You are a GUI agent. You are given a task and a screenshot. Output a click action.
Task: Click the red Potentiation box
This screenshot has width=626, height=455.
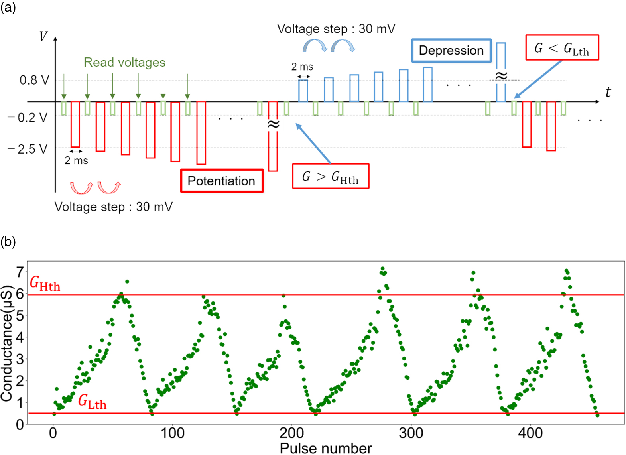(x=222, y=181)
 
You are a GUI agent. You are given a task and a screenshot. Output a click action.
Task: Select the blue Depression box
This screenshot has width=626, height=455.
(x=451, y=50)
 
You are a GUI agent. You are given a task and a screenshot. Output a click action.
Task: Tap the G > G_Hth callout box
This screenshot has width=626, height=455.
(x=331, y=176)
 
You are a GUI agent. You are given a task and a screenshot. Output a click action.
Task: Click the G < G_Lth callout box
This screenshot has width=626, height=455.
(x=562, y=48)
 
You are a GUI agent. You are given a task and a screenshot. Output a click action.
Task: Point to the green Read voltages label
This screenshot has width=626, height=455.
(x=124, y=62)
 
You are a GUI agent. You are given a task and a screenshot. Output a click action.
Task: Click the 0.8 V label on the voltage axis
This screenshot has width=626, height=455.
(x=34, y=80)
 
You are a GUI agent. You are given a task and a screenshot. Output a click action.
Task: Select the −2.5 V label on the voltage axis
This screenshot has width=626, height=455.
(x=28, y=149)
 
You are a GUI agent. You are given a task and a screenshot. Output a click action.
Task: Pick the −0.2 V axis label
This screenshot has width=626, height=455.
(x=28, y=118)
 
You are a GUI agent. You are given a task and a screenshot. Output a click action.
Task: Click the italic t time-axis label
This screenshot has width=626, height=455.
(x=608, y=92)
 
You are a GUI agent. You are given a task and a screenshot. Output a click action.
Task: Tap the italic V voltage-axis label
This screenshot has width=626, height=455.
(x=43, y=37)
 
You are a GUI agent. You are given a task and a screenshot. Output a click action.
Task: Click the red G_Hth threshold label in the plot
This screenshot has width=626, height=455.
(x=45, y=284)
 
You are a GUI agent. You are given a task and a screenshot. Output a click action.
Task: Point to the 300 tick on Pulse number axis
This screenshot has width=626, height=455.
(x=411, y=433)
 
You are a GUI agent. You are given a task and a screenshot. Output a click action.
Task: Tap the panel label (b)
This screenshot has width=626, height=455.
(x=8, y=242)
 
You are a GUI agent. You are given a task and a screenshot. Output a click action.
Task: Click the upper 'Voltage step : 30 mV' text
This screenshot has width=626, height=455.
(x=336, y=29)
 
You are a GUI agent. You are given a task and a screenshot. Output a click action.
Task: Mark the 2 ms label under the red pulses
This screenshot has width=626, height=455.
(x=76, y=160)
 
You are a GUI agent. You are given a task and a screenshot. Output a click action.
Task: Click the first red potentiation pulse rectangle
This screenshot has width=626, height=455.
(x=75, y=124)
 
